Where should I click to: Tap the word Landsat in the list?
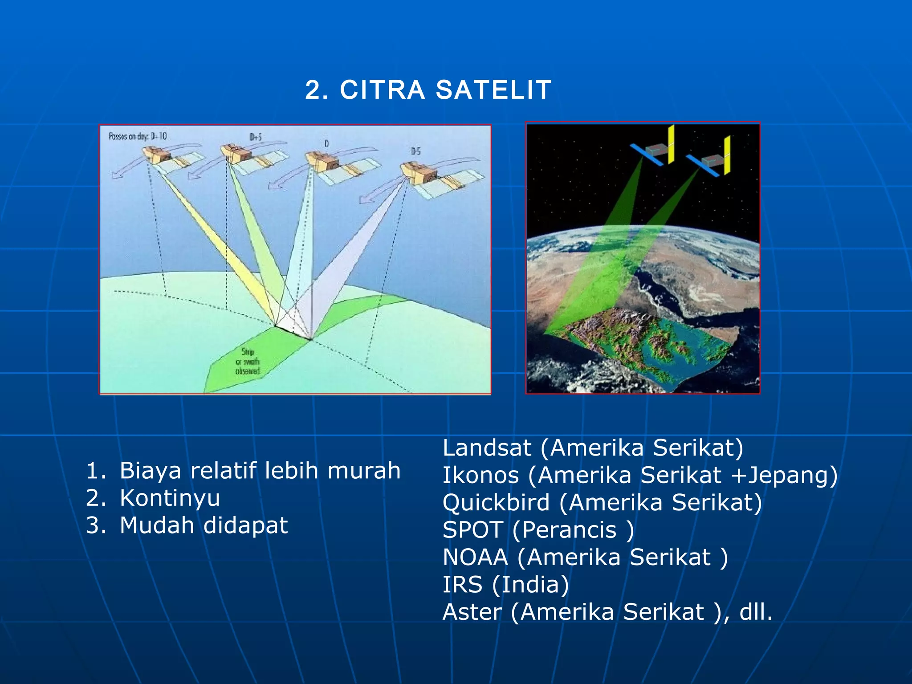(x=487, y=448)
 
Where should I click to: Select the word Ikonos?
(x=480, y=475)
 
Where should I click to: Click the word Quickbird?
(x=496, y=503)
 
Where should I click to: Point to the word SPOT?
(x=473, y=530)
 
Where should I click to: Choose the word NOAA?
(x=475, y=558)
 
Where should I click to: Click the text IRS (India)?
(x=505, y=585)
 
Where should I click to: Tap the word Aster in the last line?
(x=472, y=612)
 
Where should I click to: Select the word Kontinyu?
(x=170, y=498)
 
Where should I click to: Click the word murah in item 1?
(x=364, y=471)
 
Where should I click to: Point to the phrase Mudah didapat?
(x=204, y=525)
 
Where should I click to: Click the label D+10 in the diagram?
(x=159, y=136)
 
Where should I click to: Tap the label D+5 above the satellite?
(x=256, y=138)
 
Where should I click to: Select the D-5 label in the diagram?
(x=415, y=152)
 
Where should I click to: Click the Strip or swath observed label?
(x=248, y=362)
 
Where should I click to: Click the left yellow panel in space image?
(x=670, y=143)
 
